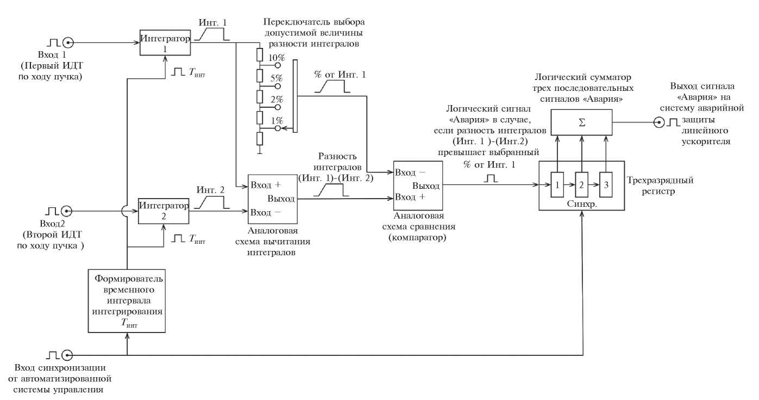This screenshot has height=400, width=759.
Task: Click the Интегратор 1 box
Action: coord(165,44)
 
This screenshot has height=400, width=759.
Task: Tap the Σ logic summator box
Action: coord(581,122)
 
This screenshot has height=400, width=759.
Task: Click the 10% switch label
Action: coord(278,57)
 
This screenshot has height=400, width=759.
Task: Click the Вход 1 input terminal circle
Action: coord(68,42)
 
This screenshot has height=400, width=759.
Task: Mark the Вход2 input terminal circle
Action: coord(67,210)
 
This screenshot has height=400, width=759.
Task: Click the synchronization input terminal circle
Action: coord(67,355)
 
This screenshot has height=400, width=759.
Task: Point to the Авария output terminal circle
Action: coord(659,122)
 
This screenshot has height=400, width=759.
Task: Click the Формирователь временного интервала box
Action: coord(127,300)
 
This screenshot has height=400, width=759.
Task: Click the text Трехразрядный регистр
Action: coord(660,184)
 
